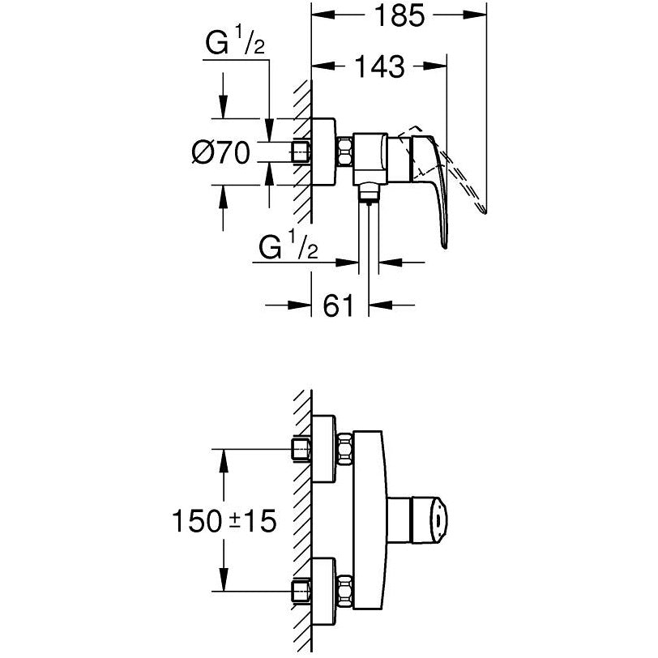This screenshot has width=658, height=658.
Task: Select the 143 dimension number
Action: [378, 67]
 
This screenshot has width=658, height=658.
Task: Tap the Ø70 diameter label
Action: [220, 152]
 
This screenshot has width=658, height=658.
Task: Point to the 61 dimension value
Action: [340, 305]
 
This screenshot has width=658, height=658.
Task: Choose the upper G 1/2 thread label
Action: [232, 45]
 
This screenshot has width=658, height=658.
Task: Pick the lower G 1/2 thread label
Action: [288, 249]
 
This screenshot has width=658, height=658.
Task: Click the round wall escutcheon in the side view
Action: [325, 152]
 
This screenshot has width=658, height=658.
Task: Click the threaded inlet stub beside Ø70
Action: [302, 152]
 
